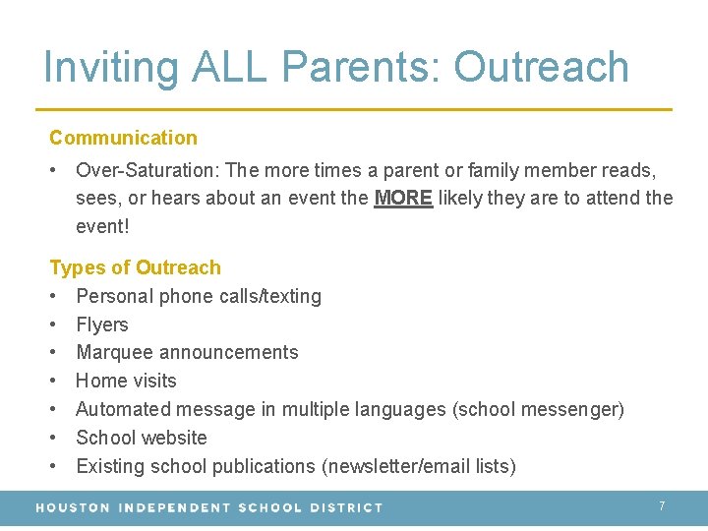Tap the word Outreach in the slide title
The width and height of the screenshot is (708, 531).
(541, 67)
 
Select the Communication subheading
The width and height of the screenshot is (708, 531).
(123, 138)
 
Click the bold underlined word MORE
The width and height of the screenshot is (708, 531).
(403, 198)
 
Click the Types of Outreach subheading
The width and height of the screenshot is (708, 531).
(135, 267)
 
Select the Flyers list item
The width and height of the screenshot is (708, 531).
(102, 324)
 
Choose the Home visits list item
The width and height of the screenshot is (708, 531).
(126, 381)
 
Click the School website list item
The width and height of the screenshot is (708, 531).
(142, 438)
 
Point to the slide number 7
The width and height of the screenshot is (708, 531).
(662, 505)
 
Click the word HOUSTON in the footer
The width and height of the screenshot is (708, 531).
(73, 507)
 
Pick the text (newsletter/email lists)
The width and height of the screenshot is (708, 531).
(419, 466)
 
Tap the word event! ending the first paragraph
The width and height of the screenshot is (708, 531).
(102, 226)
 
